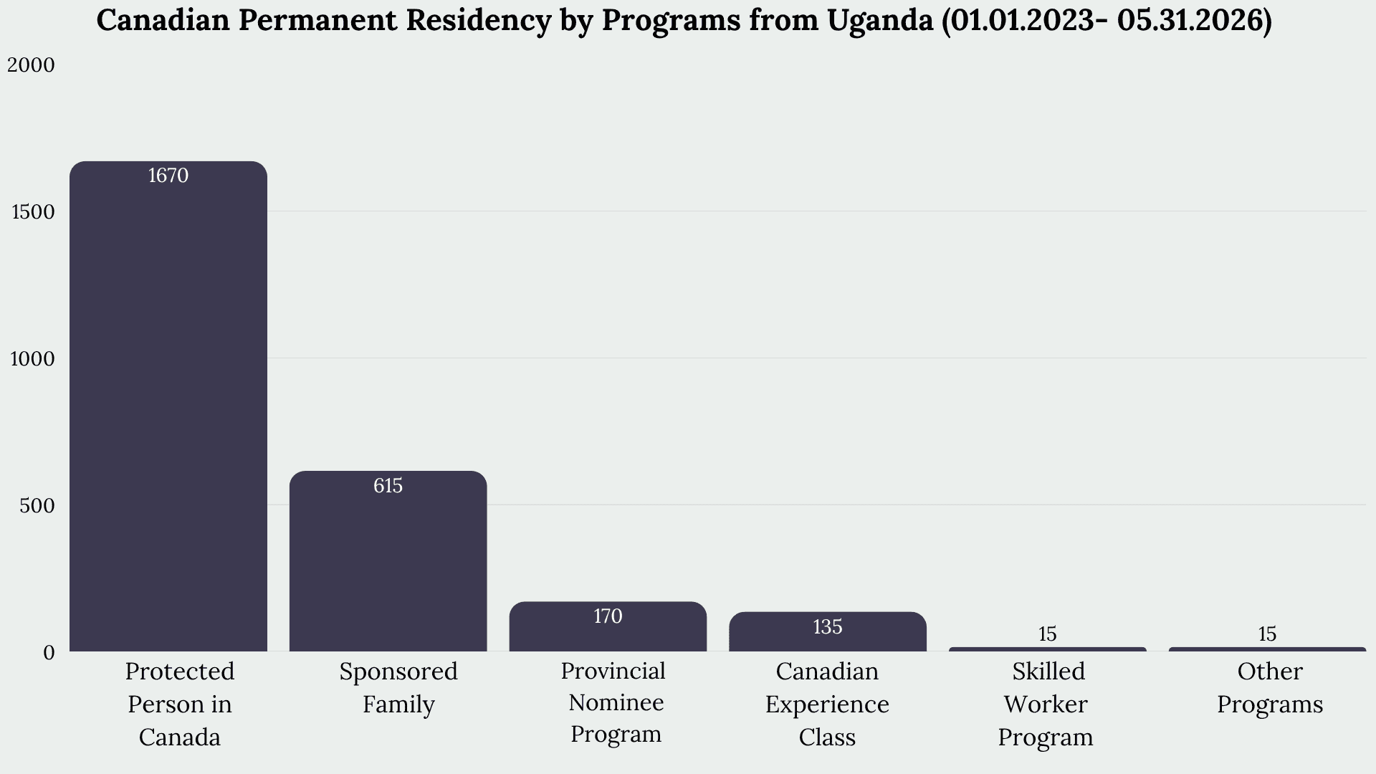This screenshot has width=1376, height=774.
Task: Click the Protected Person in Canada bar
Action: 168,406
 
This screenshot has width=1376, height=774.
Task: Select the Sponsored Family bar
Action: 388,561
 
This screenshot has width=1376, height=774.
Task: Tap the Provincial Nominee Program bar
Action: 608,626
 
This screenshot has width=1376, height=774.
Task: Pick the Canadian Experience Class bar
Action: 828,631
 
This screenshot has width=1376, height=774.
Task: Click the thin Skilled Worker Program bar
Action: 1048,649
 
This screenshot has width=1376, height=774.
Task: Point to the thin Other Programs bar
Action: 1267,649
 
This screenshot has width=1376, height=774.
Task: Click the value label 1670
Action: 168,176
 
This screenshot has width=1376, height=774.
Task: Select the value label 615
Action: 388,486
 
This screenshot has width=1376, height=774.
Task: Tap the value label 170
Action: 608,616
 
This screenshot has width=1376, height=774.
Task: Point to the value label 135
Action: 828,627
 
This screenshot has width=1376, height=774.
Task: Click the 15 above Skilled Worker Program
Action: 1048,634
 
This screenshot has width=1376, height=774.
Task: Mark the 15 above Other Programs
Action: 1267,634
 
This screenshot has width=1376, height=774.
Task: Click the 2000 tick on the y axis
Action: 31,65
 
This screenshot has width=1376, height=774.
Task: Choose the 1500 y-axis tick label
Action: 34,212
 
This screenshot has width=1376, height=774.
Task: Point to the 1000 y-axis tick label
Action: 33,359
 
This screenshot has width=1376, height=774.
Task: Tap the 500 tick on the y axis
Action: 37,505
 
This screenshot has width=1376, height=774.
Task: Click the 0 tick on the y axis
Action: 49,652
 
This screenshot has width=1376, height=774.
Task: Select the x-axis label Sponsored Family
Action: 398,688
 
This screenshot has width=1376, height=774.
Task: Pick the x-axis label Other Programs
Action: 1270,688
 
